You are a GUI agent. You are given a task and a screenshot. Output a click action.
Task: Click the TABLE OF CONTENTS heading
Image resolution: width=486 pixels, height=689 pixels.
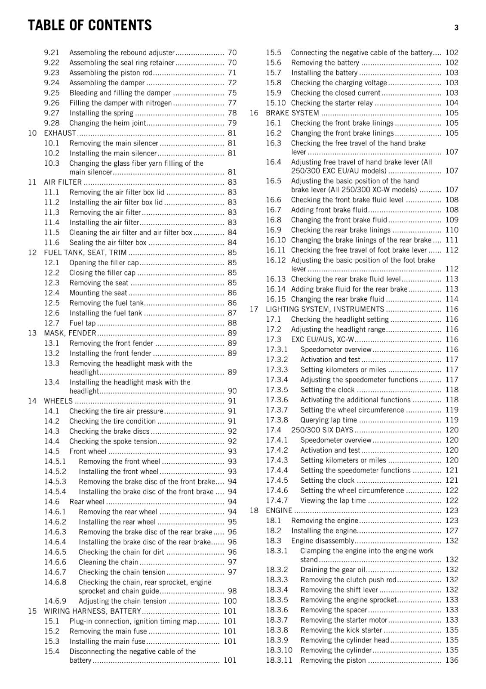coord(89,25)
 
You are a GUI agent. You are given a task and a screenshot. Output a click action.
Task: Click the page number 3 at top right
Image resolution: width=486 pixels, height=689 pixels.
coord(456,28)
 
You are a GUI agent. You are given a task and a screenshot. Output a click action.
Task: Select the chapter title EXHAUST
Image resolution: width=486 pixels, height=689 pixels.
coord(60,133)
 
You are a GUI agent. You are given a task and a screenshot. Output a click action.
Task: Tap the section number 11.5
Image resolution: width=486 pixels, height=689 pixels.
coord(52,233)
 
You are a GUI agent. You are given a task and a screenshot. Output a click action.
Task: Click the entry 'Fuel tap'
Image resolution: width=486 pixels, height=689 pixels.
coord(83,323)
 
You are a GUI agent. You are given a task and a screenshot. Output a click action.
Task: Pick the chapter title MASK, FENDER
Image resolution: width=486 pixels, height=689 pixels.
coord(70,333)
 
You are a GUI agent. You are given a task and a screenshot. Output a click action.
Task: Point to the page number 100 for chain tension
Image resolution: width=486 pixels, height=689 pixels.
coord(230,601)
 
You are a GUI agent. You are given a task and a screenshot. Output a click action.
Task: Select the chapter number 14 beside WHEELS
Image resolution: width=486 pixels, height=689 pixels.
coord(32,401)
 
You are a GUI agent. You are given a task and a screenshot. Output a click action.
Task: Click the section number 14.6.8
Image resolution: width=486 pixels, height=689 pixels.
coord(55,582)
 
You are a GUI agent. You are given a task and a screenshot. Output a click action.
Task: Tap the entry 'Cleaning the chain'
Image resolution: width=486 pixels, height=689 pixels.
coord(108,562)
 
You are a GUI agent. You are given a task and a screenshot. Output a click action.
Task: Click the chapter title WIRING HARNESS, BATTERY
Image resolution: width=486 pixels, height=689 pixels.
coord(92,611)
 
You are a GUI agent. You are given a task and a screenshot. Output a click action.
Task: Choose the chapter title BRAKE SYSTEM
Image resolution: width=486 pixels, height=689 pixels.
coord(292,113)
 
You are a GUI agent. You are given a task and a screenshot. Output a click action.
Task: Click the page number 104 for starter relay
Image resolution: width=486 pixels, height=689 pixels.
coord(452,103)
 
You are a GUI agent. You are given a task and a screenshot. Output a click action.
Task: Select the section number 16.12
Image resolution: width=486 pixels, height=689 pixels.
coord(276,260)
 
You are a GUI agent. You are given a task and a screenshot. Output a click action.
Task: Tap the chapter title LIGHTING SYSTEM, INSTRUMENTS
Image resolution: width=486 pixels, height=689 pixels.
coord(325,309)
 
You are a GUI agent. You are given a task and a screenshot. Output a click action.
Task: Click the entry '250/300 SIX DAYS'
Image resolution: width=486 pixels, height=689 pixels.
coord(322,430)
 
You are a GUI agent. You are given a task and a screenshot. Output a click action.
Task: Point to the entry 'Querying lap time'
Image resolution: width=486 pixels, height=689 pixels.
coord(329,420)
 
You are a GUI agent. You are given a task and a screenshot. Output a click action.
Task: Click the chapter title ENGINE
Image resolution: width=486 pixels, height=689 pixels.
coord(279,510)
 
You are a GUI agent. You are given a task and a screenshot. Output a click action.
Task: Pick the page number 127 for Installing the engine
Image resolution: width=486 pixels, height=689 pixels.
coord(452,531)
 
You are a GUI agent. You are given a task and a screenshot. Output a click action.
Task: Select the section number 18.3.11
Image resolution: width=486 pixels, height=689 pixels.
coord(279,660)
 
